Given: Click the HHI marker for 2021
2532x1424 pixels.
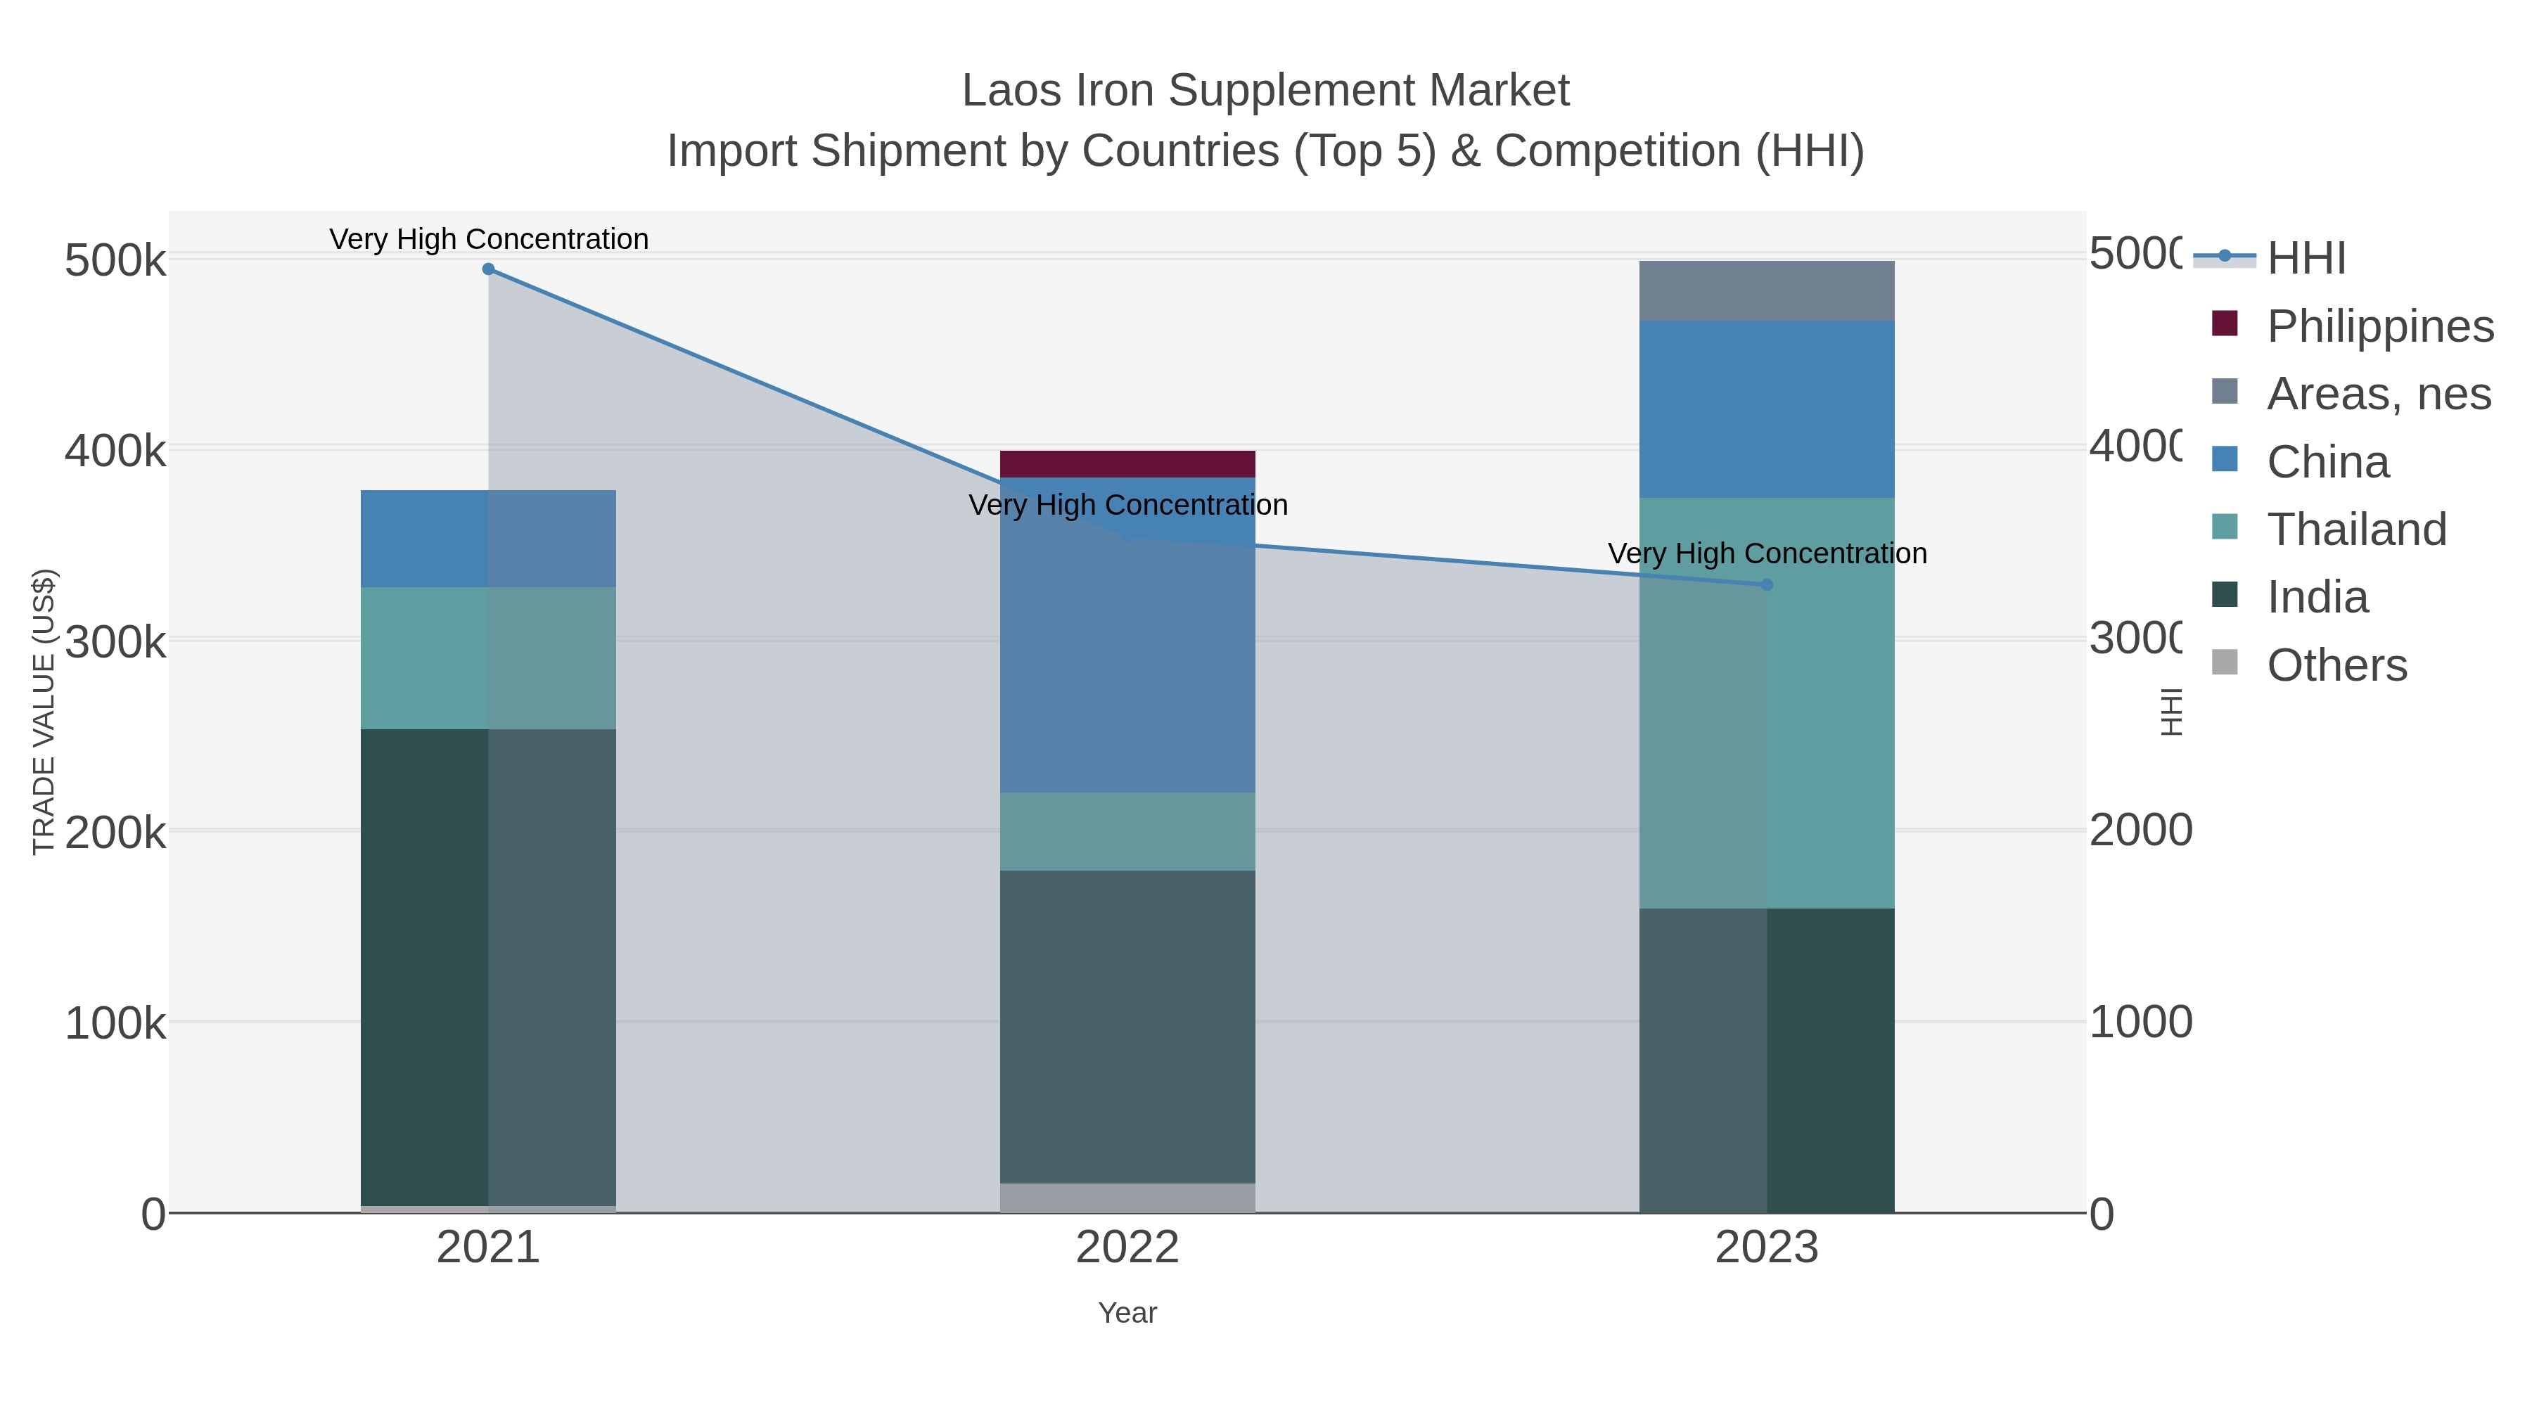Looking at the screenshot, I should tap(489, 269).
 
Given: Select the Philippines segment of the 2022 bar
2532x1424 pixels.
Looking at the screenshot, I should tap(1127, 464).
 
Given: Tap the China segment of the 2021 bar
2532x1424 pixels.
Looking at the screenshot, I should tap(489, 539).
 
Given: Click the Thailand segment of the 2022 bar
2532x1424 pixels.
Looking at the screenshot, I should tap(1127, 831).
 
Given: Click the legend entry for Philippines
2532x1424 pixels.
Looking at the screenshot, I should tap(2379, 326).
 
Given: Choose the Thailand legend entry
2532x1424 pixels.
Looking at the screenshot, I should tap(2356, 530).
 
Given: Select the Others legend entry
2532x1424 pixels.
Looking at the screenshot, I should tap(2336, 665).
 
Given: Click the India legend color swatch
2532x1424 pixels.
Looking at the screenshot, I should tap(2225, 594).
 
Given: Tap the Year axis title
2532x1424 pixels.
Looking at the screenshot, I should tap(1127, 1313).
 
